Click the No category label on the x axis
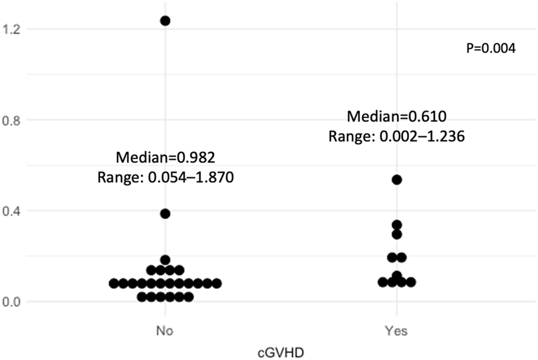click(165, 330)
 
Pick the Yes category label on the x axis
click(397, 330)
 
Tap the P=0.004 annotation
click(491, 49)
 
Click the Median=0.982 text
click(165, 157)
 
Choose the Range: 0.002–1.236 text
click(397, 137)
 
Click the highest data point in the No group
click(165, 21)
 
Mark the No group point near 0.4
click(165, 214)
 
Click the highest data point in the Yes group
click(397, 180)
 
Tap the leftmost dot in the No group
click(114, 283)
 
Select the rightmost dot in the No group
click(217, 283)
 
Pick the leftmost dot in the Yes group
click(383, 282)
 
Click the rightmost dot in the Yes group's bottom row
click(410, 282)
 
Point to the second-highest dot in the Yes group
click(397, 225)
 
